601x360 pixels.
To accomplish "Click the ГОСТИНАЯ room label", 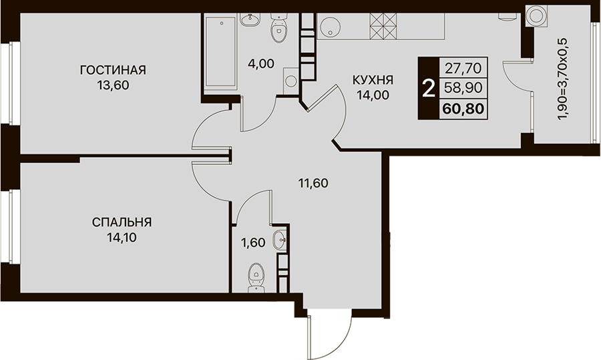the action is click(x=113, y=70).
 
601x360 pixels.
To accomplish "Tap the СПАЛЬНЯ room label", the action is click(x=122, y=222).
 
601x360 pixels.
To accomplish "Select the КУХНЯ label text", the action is click(x=373, y=80).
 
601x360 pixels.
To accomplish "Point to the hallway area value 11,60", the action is click(x=314, y=183).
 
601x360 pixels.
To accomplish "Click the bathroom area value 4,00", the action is click(x=261, y=63).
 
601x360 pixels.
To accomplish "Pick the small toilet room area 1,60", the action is click(x=253, y=242).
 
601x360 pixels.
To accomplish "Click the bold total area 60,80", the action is click(x=463, y=109).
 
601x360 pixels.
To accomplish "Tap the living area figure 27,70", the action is click(x=463, y=68).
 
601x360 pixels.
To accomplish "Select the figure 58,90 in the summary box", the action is click(x=463, y=88).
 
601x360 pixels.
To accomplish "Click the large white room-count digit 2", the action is click(x=428, y=89).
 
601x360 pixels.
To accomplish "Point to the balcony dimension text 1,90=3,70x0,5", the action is click(x=563, y=79).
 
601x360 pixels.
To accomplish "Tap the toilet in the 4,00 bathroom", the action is click(x=278, y=27).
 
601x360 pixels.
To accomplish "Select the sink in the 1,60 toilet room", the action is click(x=279, y=240).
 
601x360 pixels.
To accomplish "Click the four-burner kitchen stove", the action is click(x=383, y=25).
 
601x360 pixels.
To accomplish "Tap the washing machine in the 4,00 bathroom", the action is click(x=290, y=81).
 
